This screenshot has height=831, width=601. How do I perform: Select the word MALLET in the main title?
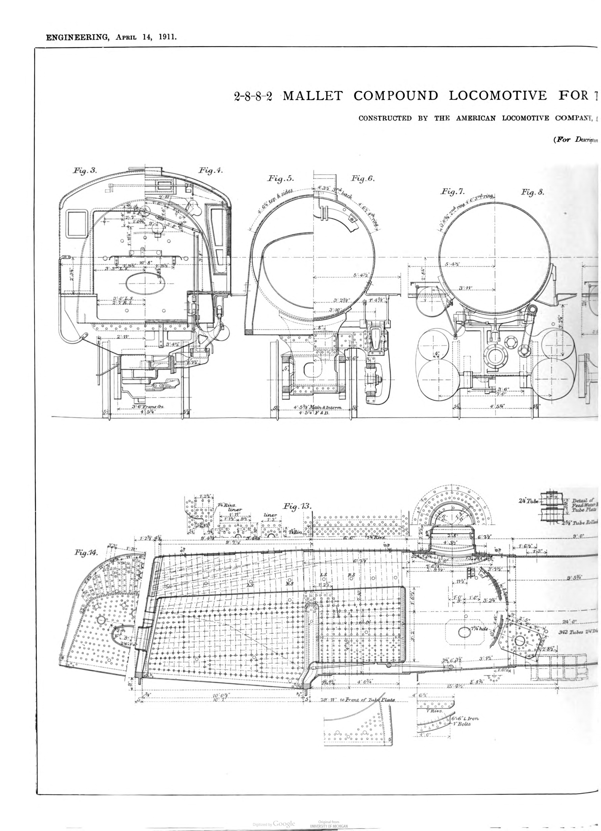[313, 96]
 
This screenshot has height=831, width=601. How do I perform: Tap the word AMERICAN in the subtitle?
[476, 118]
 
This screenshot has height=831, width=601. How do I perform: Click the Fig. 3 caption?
[85, 171]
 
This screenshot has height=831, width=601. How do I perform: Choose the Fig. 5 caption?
[281, 179]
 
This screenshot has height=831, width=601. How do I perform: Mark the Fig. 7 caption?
[453, 192]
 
